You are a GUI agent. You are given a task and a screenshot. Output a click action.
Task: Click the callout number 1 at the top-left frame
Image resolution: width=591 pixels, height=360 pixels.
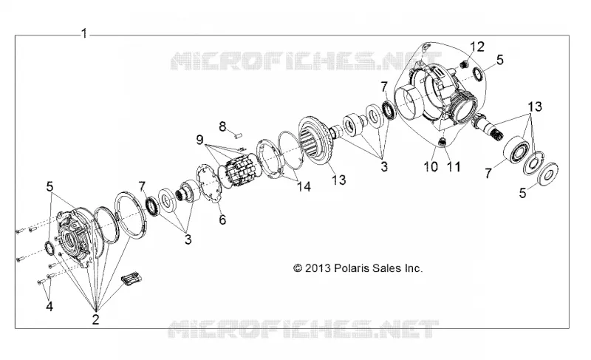click(84, 33)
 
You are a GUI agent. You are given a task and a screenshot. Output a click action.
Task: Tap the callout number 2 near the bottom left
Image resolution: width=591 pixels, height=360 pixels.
click(95, 319)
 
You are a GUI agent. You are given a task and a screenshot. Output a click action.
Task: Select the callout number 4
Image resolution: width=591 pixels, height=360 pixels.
click(49, 306)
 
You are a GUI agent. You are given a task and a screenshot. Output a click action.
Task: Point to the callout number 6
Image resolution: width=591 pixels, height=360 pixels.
click(222, 220)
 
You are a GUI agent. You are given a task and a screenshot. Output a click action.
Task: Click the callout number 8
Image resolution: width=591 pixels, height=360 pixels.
click(223, 126)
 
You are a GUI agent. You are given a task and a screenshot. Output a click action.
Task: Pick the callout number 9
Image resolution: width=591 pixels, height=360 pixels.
click(199, 140)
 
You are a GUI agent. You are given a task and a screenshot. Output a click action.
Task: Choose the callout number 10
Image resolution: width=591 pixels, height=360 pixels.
click(431, 166)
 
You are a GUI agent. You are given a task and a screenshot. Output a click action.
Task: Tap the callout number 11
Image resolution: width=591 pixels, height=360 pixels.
click(453, 166)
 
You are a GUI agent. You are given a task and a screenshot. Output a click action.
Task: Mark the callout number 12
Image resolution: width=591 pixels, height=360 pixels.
click(476, 47)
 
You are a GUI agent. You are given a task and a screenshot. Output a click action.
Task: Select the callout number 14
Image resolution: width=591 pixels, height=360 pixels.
click(304, 186)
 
